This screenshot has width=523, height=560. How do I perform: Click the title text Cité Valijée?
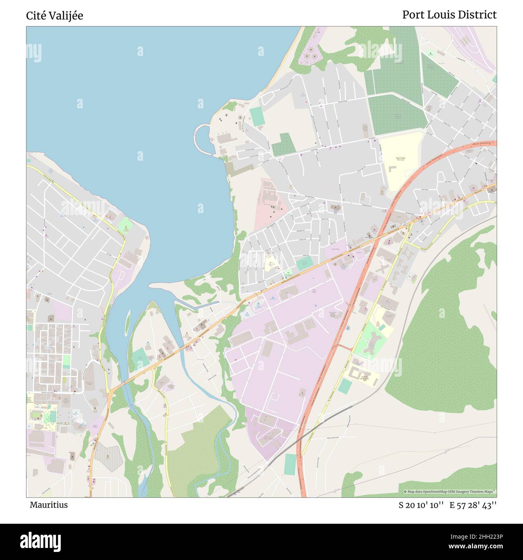(x=55, y=16)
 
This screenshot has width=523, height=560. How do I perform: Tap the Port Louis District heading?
(x=449, y=15)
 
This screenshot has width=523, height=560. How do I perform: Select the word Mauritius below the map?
(x=49, y=505)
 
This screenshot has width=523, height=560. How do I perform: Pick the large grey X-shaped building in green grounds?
(x=373, y=342)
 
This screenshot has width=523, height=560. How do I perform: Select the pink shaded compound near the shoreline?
(x=270, y=203)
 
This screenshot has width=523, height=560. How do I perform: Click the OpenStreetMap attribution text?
(x=450, y=492)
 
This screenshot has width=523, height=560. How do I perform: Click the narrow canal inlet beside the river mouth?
(x=193, y=306)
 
